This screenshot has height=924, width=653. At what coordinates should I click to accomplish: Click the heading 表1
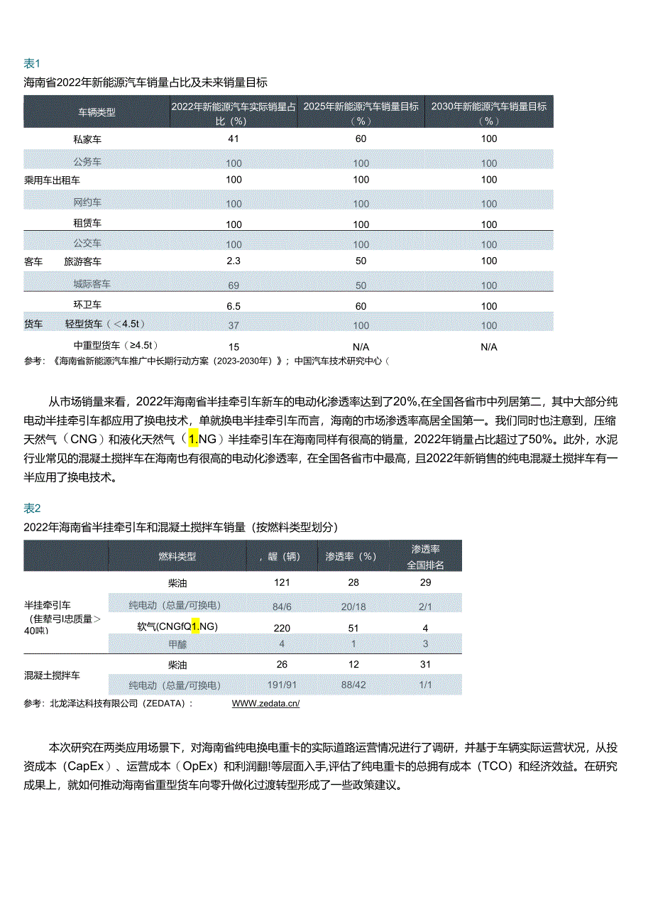pyautogui.click(x=33, y=63)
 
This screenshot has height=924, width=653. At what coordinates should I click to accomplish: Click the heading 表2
pyautogui.click(x=33, y=508)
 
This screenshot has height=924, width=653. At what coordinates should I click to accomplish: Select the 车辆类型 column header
pyautogui.click(x=97, y=112)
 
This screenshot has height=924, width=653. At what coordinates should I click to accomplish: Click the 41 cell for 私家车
pyautogui.click(x=234, y=138)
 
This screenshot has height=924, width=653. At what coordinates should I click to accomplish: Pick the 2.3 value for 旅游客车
pyautogui.click(x=234, y=261)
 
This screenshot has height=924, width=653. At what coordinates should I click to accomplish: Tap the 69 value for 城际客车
pyautogui.click(x=234, y=285)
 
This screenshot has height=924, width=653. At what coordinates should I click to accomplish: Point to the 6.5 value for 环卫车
pyautogui.click(x=234, y=305)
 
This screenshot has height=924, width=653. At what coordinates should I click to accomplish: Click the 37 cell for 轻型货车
pyautogui.click(x=234, y=325)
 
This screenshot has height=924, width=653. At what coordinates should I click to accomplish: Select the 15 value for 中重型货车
pyautogui.click(x=234, y=347)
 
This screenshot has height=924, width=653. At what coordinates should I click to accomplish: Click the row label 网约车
pyautogui.click(x=87, y=203)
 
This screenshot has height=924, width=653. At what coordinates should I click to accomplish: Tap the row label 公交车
pyautogui.click(x=87, y=244)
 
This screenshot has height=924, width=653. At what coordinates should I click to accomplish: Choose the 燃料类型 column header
pyautogui.click(x=177, y=556)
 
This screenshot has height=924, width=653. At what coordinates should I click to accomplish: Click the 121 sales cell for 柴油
pyautogui.click(x=282, y=582)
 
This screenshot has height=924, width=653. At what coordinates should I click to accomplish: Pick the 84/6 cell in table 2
pyautogui.click(x=282, y=606)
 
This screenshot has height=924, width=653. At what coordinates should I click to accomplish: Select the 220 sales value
pyautogui.click(x=282, y=628)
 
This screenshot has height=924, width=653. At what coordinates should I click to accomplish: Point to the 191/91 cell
pyautogui.click(x=282, y=685)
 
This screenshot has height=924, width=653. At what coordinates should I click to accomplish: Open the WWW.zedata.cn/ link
pyautogui.click(x=265, y=703)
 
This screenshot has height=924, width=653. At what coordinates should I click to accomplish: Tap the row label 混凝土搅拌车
pyautogui.click(x=53, y=675)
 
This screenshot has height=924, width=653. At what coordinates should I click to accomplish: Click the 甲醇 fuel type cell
pyautogui.click(x=177, y=644)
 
